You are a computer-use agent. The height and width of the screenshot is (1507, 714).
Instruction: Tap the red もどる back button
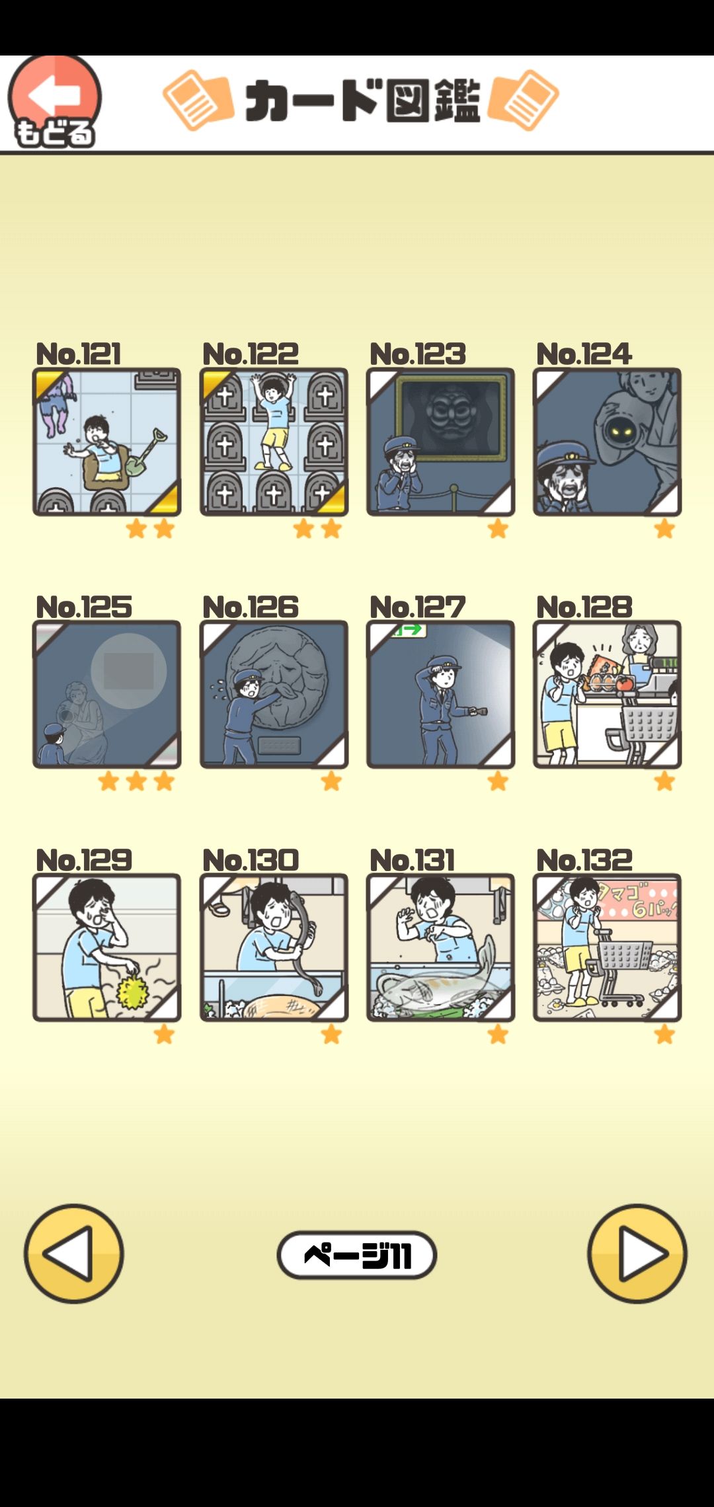pyautogui.click(x=54, y=101)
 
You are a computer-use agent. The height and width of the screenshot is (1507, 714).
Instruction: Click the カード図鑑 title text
pyautogui.click(x=362, y=101)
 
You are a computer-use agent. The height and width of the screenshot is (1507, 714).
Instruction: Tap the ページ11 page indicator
pyautogui.click(x=357, y=1255)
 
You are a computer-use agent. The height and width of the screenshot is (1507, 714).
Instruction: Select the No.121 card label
pyautogui.click(x=78, y=354)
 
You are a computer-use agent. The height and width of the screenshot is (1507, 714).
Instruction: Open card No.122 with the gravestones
pyautogui.click(x=274, y=442)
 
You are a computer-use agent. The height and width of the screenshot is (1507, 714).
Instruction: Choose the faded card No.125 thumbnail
pyautogui.click(x=106, y=694)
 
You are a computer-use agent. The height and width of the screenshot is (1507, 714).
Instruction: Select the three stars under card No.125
pyautogui.click(x=136, y=782)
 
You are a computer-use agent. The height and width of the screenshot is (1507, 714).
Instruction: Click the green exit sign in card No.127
pyautogui.click(x=409, y=630)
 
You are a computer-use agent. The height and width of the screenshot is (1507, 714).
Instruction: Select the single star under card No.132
pyautogui.click(x=664, y=1034)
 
